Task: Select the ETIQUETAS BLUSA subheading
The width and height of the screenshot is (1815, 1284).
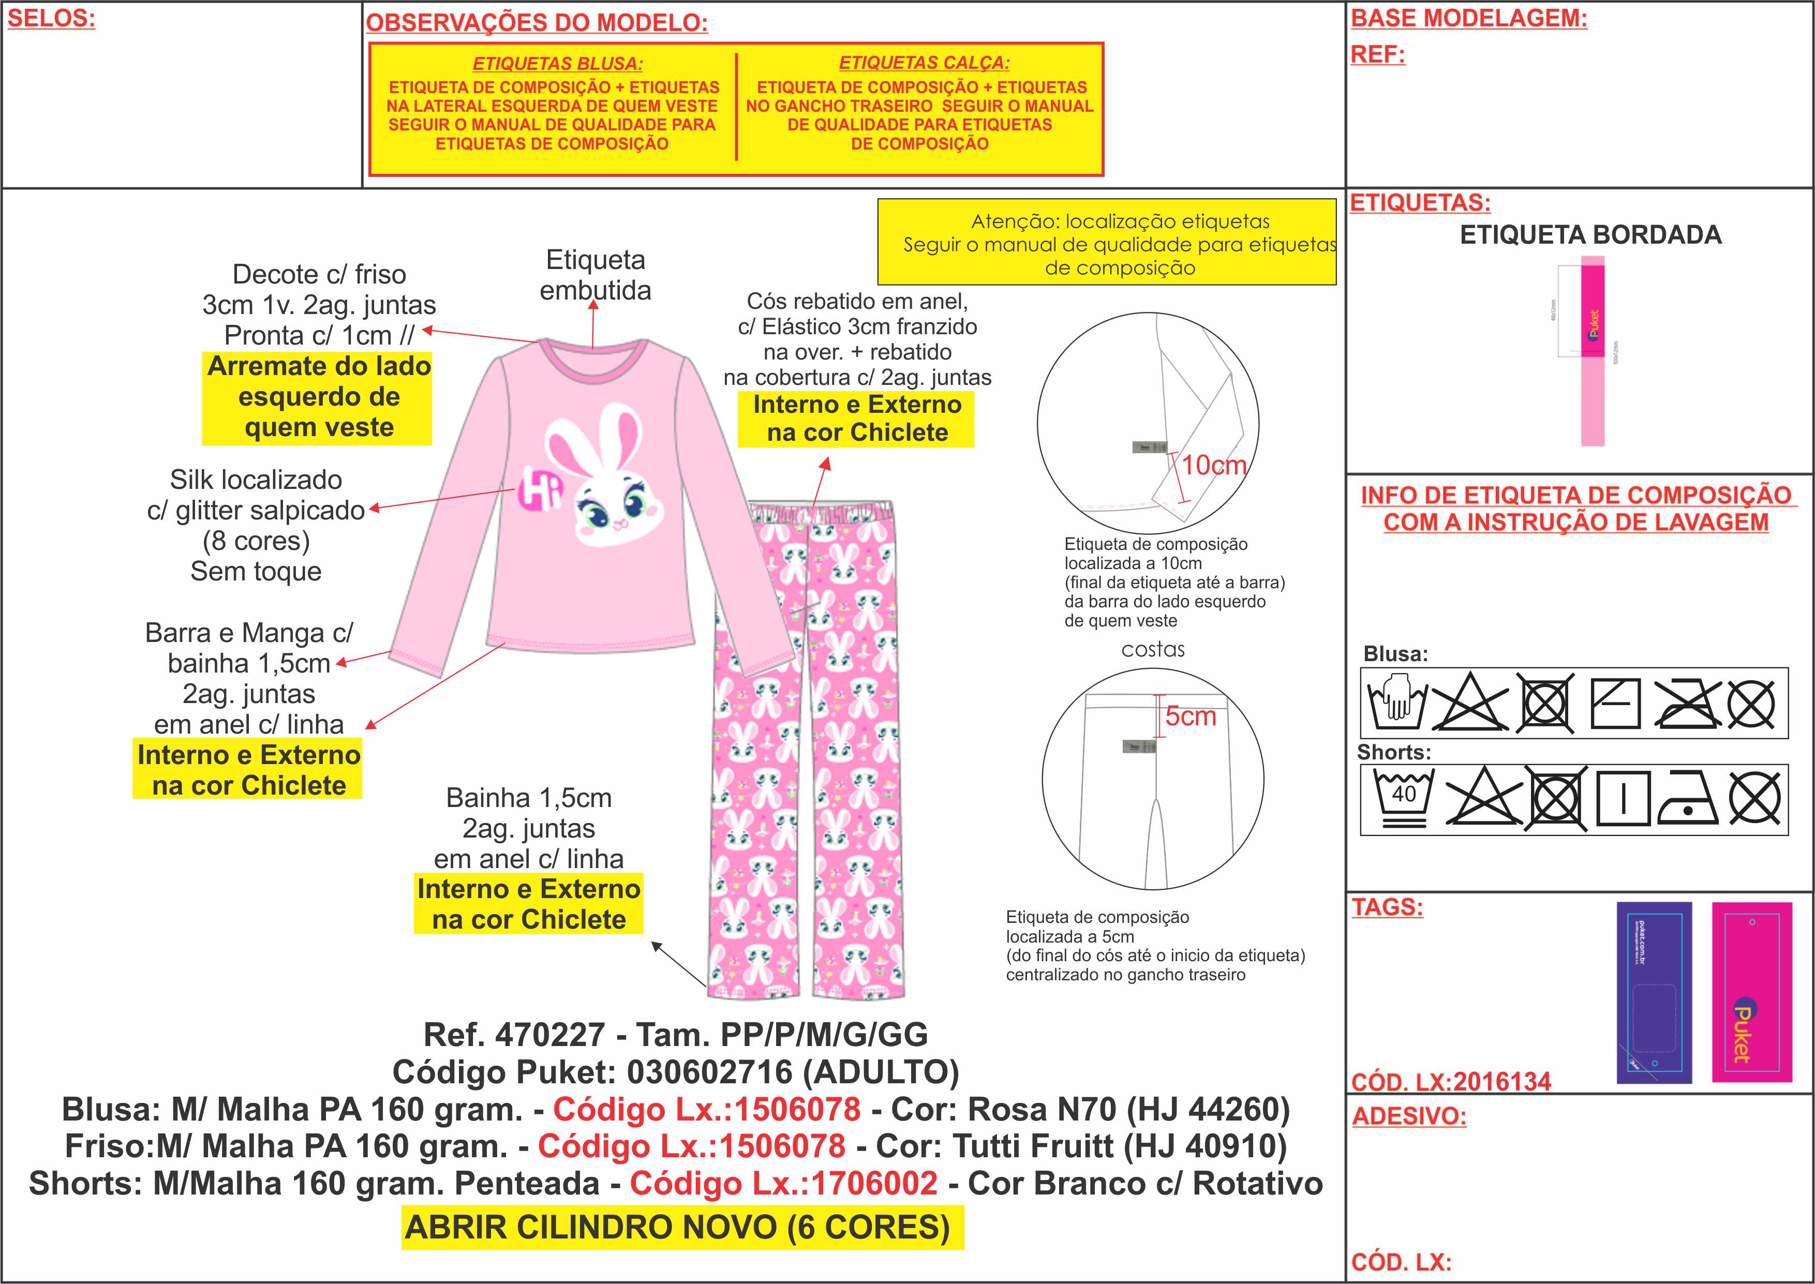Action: click(x=557, y=63)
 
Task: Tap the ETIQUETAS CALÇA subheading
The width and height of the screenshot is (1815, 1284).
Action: click(x=924, y=63)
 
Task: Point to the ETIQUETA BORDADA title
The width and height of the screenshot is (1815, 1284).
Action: click(x=1590, y=235)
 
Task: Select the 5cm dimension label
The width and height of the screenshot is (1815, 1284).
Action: click(x=1191, y=716)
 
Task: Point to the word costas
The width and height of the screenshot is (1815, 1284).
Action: click(x=1153, y=650)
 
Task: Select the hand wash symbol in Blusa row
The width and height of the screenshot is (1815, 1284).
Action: click(x=1396, y=702)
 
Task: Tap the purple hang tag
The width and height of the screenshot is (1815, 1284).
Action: click(x=1654, y=992)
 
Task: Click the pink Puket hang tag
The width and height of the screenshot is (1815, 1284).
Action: click(x=1751, y=992)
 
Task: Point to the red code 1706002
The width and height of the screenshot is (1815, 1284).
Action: click(x=874, y=1184)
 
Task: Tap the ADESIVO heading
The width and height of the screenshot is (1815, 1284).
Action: click(x=1409, y=1116)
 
